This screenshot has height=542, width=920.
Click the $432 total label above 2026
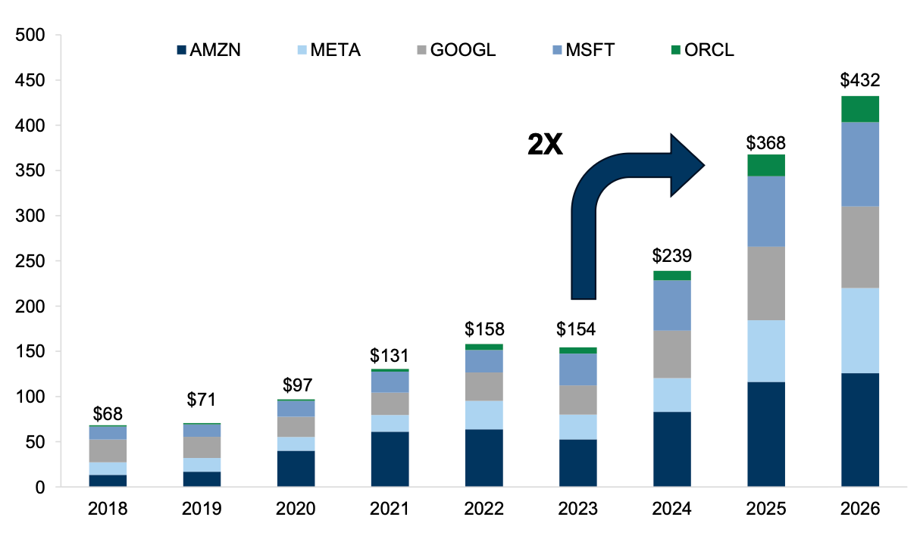859,81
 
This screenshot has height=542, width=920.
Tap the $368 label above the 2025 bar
765,142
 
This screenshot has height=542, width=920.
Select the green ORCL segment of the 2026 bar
859,109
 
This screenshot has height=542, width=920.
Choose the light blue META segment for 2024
671,394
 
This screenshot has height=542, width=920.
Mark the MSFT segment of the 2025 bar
765,211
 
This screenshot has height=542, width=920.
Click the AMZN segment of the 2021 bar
390,459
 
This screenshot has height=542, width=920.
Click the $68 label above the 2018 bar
108,414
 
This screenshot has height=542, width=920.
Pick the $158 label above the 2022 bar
483,329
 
